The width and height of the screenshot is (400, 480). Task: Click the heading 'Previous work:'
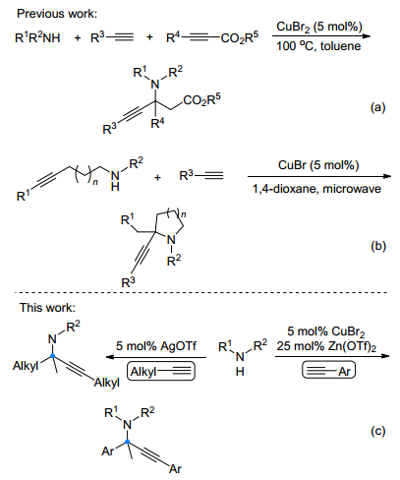click(x=57, y=14)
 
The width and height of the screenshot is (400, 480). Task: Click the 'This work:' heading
click(x=47, y=307)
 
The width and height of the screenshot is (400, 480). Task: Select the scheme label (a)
click(x=378, y=107)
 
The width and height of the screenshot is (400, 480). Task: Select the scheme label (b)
click(x=378, y=246)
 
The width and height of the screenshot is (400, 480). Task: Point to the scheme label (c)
click(x=378, y=431)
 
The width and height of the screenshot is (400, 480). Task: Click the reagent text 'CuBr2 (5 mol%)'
click(x=319, y=27)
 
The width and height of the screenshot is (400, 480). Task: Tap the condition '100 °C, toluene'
click(x=318, y=46)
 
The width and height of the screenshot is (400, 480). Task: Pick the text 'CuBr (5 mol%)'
click(x=318, y=165)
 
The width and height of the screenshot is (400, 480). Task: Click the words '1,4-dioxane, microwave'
click(x=316, y=189)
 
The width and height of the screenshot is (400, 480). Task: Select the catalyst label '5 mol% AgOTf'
click(x=156, y=346)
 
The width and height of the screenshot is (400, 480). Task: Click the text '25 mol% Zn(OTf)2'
click(x=326, y=346)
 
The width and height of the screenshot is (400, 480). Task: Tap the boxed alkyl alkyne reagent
click(x=161, y=372)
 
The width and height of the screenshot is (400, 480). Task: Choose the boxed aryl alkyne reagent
click(x=328, y=371)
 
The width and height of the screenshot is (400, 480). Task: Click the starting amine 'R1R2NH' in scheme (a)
click(x=37, y=37)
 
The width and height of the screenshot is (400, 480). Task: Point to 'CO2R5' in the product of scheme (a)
click(x=201, y=99)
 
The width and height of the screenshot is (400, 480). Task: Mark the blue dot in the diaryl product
click(x=128, y=442)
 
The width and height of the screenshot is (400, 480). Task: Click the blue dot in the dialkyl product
click(x=53, y=355)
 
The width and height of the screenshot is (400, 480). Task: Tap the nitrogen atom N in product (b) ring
click(x=171, y=240)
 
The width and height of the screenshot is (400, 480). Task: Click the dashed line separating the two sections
click(x=200, y=292)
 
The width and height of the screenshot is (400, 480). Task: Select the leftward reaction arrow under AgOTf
click(x=156, y=357)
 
